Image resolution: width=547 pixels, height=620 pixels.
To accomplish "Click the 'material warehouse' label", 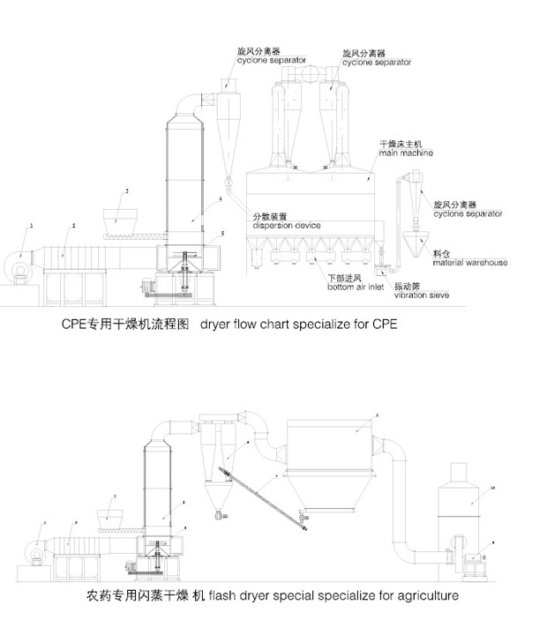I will click(469, 263).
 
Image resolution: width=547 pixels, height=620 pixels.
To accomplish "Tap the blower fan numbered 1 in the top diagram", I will click(22, 261).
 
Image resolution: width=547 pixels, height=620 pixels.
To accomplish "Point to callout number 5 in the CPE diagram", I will click(223, 233).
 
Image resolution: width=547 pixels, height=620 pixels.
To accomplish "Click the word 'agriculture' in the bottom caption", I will click(423, 596).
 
